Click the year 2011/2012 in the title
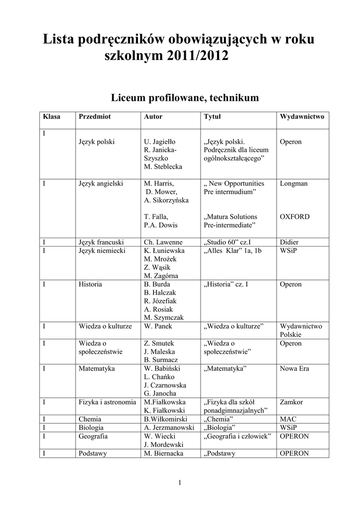pyautogui.click(x=198, y=56)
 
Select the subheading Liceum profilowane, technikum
pyautogui.click(x=185, y=97)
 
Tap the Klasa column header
pyautogui.click(x=52, y=117)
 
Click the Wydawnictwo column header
pyautogui.click(x=302, y=117)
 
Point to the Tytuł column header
pyautogui.click(x=213, y=117)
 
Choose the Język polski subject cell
pyautogui.click(x=96, y=142)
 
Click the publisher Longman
pyautogui.click(x=293, y=184)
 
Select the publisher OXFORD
pyautogui.click(x=294, y=217)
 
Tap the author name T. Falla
pyautogui.click(x=156, y=217)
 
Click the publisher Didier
pyautogui.click(x=289, y=243)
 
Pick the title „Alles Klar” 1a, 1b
pyautogui.click(x=232, y=251)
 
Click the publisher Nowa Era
pyautogui.click(x=294, y=369)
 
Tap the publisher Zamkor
pyautogui.click(x=291, y=402)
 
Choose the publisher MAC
pyautogui.click(x=288, y=419)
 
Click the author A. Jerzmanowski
pyautogui.click(x=169, y=428)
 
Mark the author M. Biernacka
pyautogui.click(x=163, y=453)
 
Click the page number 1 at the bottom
pyautogui.click(x=180, y=483)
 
